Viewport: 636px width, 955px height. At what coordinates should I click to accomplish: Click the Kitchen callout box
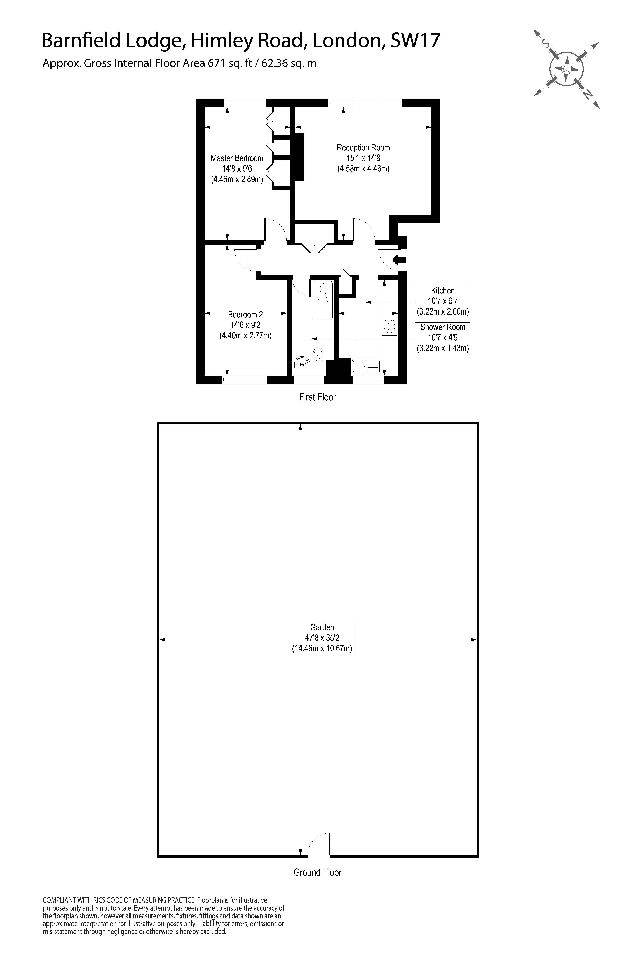click(442, 302)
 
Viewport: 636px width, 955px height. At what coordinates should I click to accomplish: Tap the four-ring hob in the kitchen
click(389, 327)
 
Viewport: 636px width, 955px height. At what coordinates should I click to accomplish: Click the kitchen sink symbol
click(365, 366)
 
